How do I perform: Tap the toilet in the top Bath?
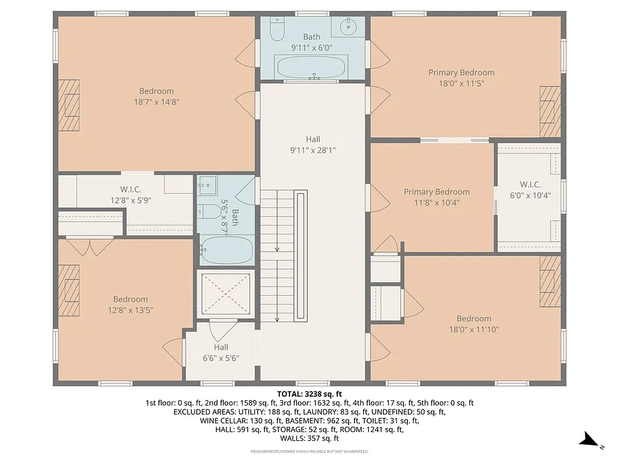point(277,28)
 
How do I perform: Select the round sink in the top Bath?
point(349,27)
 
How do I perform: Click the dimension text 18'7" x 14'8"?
point(156,101)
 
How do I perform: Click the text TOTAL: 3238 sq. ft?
point(309,393)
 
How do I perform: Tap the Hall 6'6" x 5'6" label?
point(220,353)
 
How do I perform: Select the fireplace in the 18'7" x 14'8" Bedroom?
point(70,105)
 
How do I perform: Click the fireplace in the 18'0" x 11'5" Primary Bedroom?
point(550,111)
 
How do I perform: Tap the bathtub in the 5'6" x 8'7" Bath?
point(227,250)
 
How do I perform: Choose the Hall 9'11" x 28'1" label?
point(313,144)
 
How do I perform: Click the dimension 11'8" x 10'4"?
point(436,203)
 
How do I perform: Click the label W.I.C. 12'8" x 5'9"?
point(131,195)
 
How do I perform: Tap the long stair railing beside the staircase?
point(300,255)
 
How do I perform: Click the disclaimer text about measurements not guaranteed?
point(309,451)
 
